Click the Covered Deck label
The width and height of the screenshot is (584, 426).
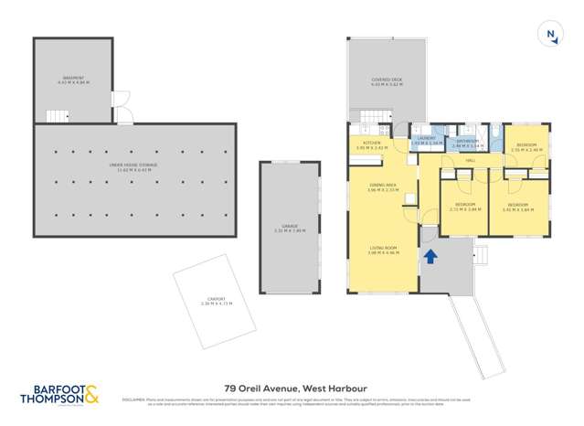tap(384, 81)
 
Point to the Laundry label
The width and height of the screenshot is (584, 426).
tap(426, 140)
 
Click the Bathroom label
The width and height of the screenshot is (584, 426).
tap(469, 143)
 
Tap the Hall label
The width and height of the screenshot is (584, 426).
tap(471, 161)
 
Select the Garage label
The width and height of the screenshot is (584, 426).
tap(289, 229)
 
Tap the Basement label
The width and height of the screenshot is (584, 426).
tap(72, 80)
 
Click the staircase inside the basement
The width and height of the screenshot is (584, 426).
tap(58, 116)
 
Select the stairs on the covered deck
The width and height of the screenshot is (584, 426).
tap(368, 117)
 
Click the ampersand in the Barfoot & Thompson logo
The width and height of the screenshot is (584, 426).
tap(92, 394)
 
